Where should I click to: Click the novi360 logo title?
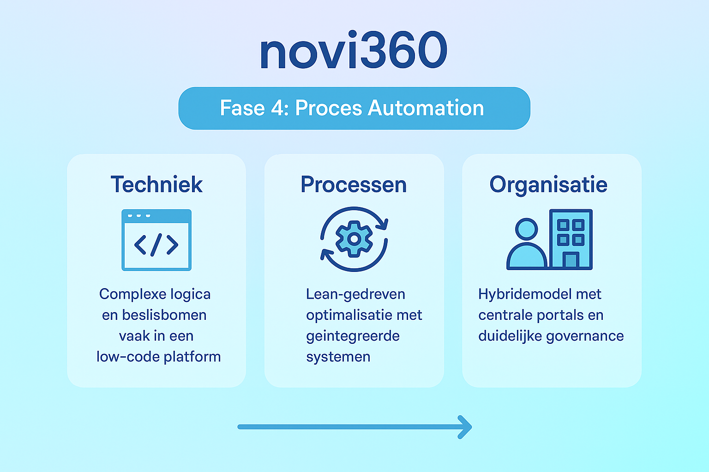click(354, 51)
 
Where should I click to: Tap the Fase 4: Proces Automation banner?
click(354, 108)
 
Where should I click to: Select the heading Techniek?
click(156, 185)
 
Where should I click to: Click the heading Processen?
click(354, 185)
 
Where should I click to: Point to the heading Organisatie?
click(548, 185)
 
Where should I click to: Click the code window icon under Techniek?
click(156, 240)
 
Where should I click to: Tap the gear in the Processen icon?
click(354, 239)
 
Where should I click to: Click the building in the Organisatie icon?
click(571, 239)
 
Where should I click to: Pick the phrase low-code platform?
click(158, 357)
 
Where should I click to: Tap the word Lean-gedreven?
click(355, 294)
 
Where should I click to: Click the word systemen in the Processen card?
click(338, 357)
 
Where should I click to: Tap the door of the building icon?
click(571, 260)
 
